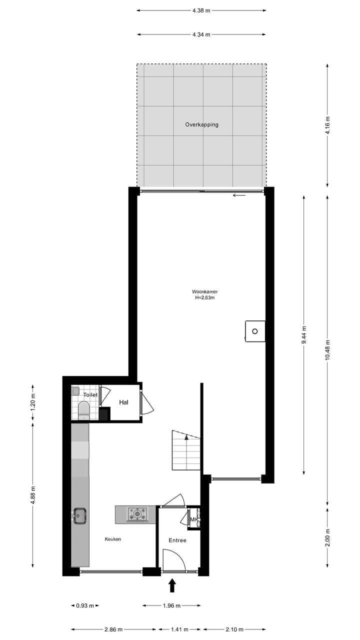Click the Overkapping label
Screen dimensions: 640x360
(201, 124)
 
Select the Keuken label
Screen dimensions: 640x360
(112, 539)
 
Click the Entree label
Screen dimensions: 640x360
(177, 540)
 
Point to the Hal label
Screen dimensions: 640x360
(124, 402)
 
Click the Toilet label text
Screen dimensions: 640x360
(90, 395)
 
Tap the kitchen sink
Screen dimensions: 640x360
(80, 515)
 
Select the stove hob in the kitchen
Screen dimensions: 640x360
(137, 513)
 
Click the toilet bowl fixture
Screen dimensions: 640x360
(83, 411)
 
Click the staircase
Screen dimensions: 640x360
(186, 450)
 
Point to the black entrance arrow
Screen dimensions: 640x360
(172, 585)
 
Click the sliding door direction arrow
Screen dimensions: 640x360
(239, 195)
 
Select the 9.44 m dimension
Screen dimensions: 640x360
(304, 334)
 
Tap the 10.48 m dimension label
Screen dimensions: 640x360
(327, 349)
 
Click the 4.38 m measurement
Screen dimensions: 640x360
(201, 10)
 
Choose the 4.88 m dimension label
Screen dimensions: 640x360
(33, 495)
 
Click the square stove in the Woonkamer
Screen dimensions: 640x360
(255, 331)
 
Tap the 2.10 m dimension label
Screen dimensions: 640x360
(234, 629)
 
